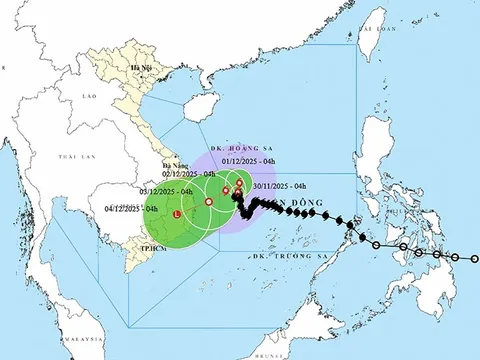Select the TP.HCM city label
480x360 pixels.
click(151, 245)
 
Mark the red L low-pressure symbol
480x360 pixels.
click(177, 214)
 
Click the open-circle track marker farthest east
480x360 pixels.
click(474, 258)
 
